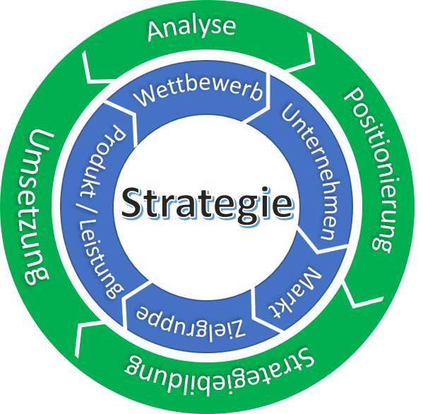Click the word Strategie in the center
207,203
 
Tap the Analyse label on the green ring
192,29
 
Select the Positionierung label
373,170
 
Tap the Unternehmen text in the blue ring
312,172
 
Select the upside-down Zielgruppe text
191,321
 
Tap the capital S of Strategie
132,203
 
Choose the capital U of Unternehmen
292,113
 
